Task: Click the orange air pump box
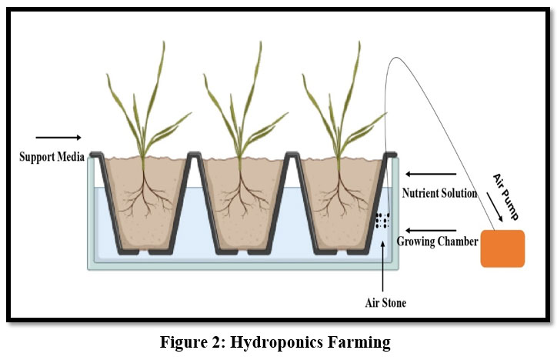502,248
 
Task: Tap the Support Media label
51,157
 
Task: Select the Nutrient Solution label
439,193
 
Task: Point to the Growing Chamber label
436,242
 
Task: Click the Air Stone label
385,302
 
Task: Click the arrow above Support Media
51,139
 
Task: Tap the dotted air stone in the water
382,220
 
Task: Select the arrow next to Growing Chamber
431,229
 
